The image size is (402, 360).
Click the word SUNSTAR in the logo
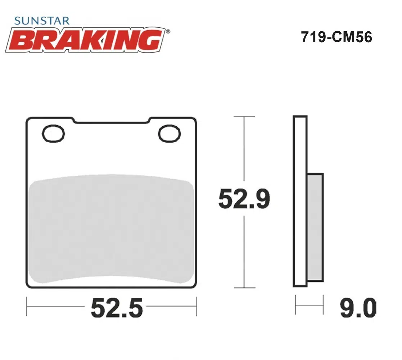coord(42,21)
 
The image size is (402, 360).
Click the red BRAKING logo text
coord(86,40)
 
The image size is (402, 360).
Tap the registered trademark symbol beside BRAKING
coord(168,32)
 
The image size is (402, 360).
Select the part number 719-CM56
coord(336,37)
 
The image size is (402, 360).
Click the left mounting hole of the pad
coord(53,133)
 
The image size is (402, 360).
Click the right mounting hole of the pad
coord(170,133)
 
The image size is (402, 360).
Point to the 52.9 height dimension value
coord(244,198)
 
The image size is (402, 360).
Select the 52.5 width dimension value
coord(117,308)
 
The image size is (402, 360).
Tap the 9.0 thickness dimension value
coord(358,308)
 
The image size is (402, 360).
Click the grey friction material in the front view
coord(111,229)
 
